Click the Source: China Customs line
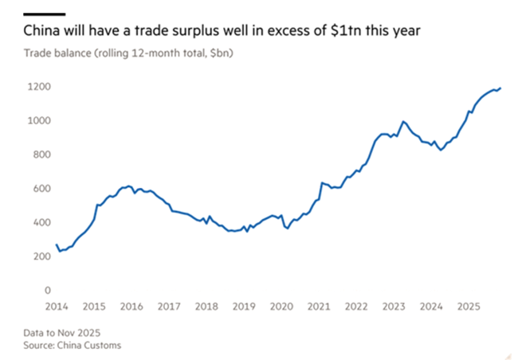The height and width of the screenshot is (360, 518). pyautogui.click(x=66, y=345)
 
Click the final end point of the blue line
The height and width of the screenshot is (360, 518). pyautogui.click(x=500, y=88)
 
